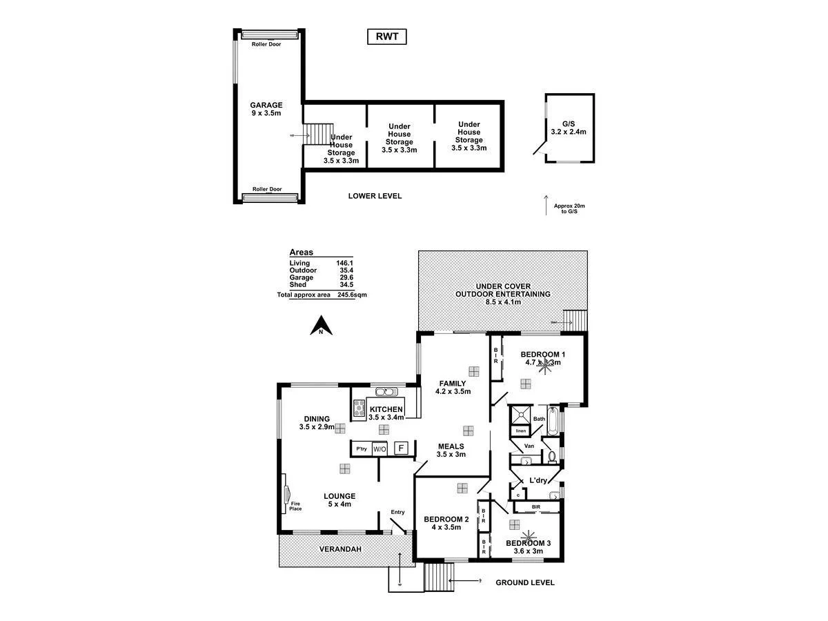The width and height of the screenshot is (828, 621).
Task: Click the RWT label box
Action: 386,37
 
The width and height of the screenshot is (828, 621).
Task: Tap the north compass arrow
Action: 321,325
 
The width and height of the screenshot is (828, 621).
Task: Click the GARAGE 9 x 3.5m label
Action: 266,109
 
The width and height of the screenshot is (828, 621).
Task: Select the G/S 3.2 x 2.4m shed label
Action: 569,128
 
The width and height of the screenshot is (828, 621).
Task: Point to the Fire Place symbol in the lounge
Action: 288,493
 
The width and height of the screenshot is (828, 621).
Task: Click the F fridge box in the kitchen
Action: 400,448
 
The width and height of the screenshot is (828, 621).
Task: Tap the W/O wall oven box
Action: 379,449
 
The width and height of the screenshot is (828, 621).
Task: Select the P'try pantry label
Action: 361,449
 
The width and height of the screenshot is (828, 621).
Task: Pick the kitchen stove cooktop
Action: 359,408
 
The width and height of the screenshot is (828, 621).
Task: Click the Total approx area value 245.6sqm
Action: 352,294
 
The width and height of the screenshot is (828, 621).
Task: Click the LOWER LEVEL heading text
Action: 375,196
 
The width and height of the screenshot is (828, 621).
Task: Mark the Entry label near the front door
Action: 397,511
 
